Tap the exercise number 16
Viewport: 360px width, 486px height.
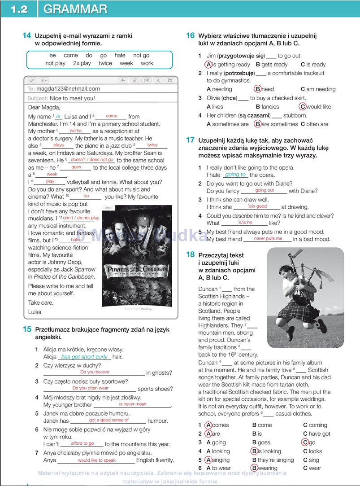click(x=190, y=35)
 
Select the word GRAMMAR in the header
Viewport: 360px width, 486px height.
click(x=76, y=9)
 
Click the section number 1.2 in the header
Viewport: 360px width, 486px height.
click(x=18, y=9)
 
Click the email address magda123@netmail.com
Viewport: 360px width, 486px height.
click(x=68, y=89)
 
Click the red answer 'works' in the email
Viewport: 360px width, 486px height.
click(x=75, y=131)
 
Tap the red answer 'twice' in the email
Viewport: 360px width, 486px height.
click(x=152, y=145)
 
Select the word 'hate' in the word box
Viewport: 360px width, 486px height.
click(x=120, y=55)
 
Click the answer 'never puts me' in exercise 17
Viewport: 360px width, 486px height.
click(x=268, y=239)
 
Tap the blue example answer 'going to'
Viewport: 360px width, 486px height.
click(x=235, y=175)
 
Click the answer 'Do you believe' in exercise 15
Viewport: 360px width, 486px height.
click(x=95, y=372)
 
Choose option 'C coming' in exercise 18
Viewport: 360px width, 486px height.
click(x=315, y=425)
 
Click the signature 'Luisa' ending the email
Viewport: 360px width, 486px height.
click(x=35, y=311)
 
